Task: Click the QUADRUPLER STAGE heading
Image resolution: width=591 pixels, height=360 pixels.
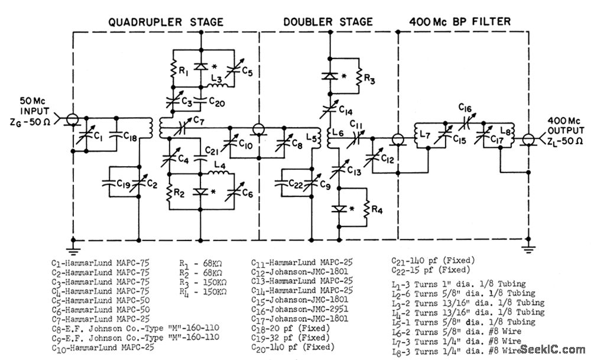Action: tap(166, 22)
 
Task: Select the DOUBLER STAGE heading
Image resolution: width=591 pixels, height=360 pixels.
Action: tap(328, 22)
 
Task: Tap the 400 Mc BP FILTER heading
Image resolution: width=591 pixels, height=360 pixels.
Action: tap(460, 22)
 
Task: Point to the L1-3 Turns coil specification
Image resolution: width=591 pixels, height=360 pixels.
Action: tap(459, 284)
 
